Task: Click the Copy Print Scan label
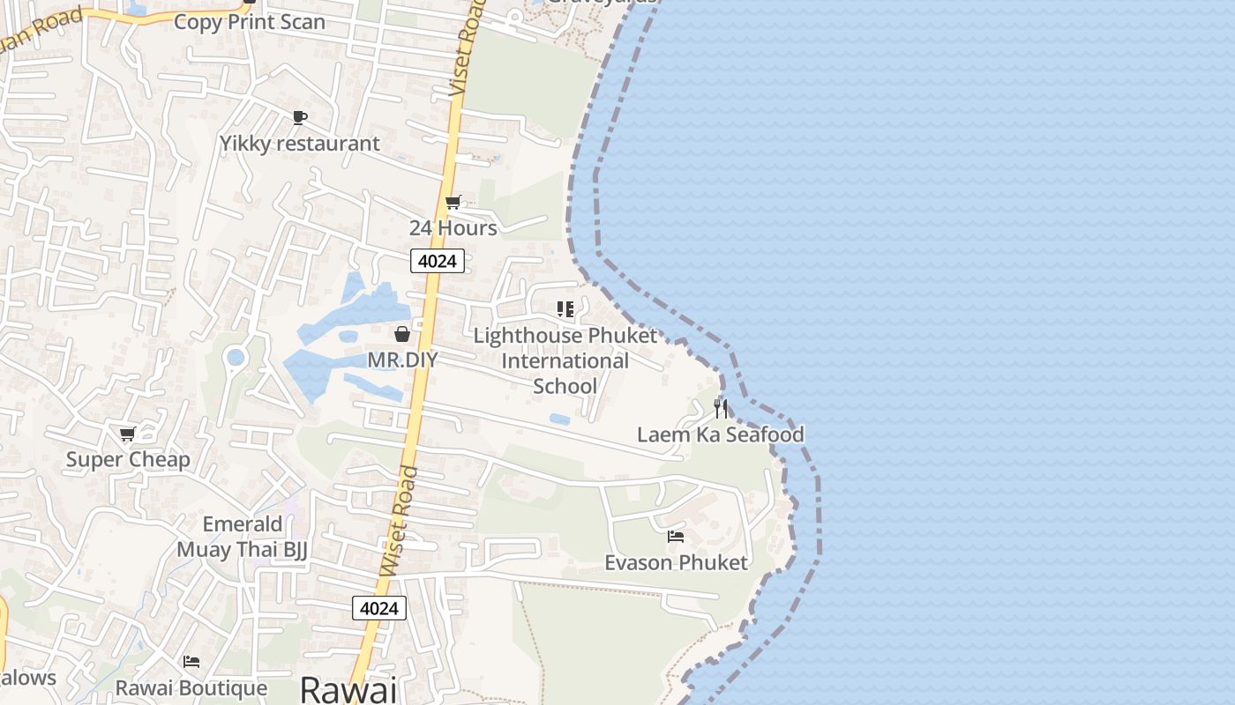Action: (x=249, y=22)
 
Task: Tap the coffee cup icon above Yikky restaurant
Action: (x=299, y=117)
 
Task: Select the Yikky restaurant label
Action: (x=300, y=143)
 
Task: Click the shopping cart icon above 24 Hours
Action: (x=453, y=203)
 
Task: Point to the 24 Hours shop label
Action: (x=453, y=228)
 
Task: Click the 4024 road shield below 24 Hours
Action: (x=437, y=261)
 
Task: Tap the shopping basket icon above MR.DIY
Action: (x=402, y=334)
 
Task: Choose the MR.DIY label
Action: (x=402, y=360)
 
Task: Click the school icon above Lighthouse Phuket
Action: (x=565, y=309)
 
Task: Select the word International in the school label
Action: (x=565, y=361)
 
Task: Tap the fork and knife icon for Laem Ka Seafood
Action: (x=721, y=408)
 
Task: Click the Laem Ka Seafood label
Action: (x=721, y=434)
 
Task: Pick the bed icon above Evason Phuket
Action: (x=676, y=536)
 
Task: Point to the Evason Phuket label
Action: (x=676, y=562)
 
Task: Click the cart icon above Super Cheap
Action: (x=128, y=434)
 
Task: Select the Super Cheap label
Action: (x=128, y=459)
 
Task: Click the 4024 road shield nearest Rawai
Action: (x=379, y=607)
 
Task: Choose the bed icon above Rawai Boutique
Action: (x=191, y=662)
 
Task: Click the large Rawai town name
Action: (x=348, y=689)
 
